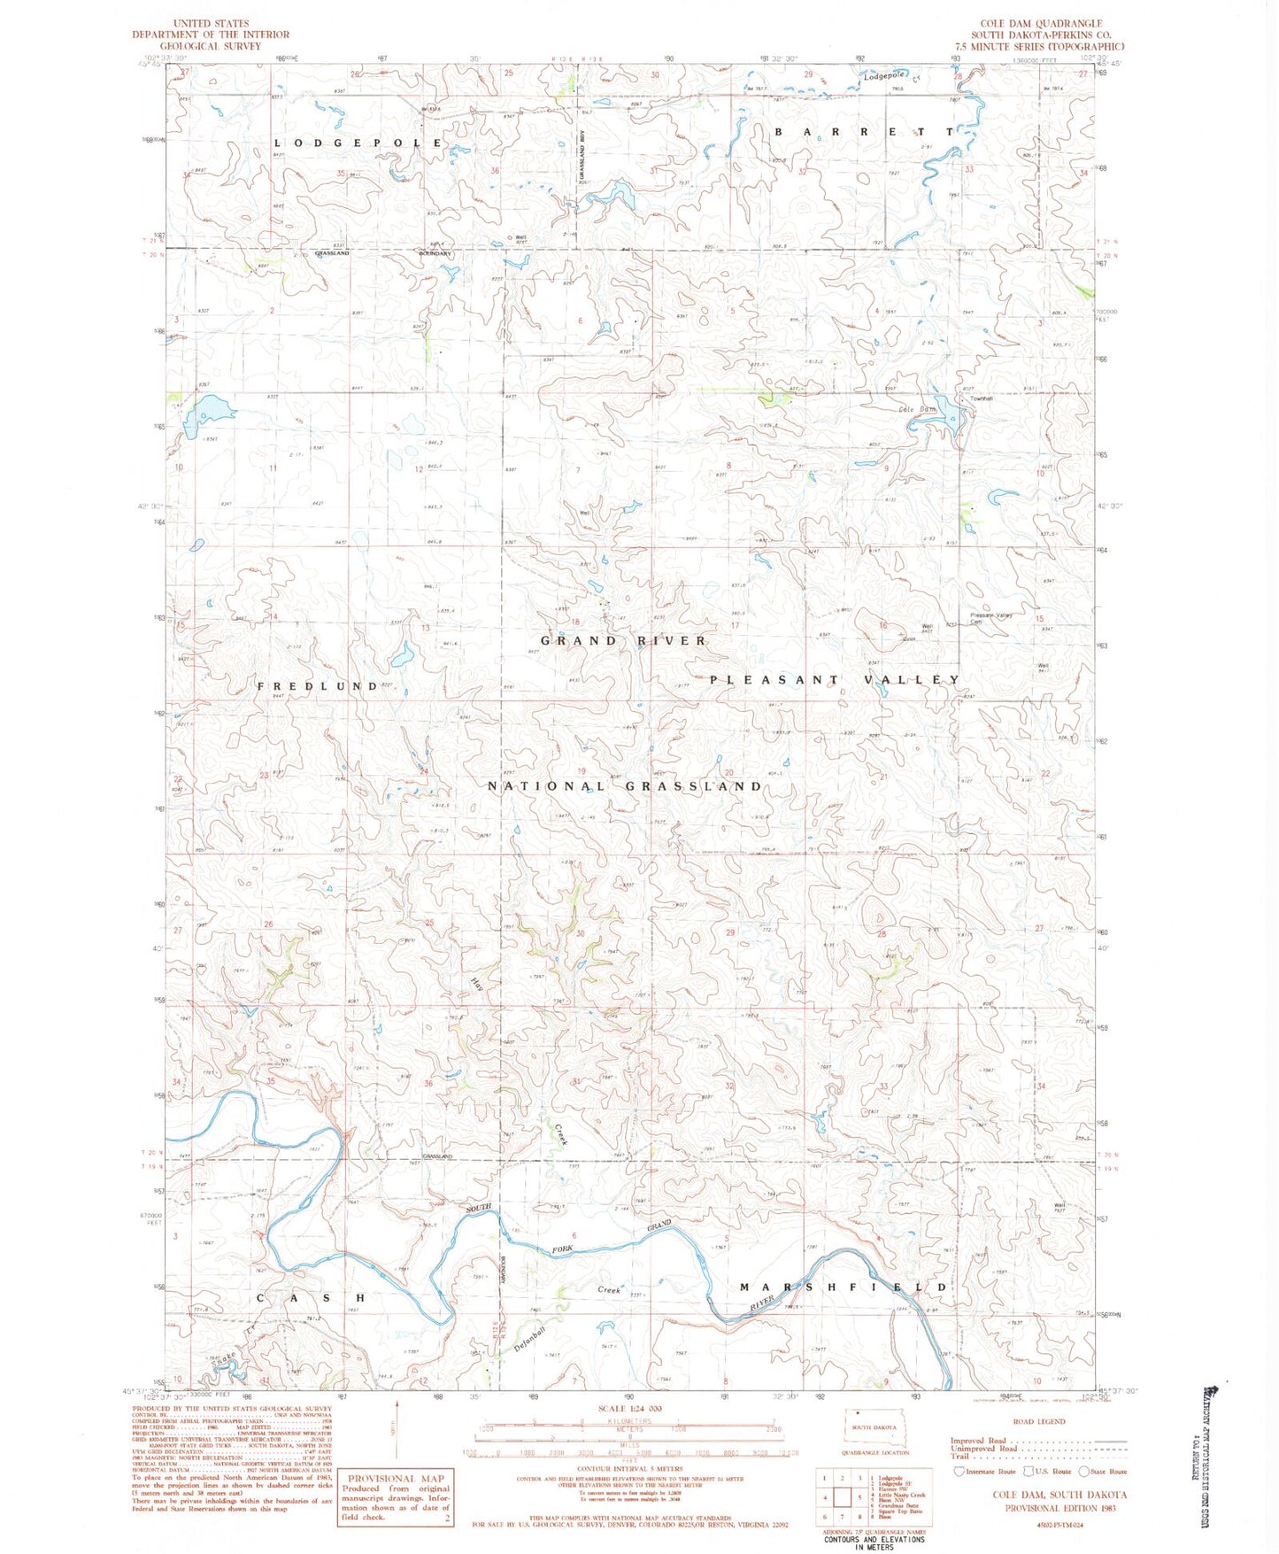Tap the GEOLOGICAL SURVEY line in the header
tap(211, 46)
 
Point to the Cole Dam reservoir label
tap(917, 409)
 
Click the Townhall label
tap(982, 398)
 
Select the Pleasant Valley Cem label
tap(990, 618)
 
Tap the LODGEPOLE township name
tap(358, 143)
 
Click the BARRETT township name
tap(864, 131)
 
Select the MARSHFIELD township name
tap(844, 1287)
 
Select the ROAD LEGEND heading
tap(1039, 1421)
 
